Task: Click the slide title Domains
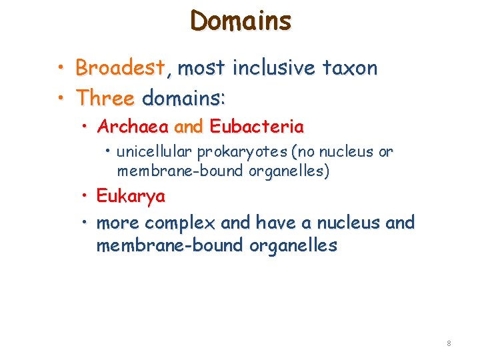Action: point(241,21)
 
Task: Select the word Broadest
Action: point(120,67)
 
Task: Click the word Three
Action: point(105,99)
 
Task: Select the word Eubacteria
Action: point(257,126)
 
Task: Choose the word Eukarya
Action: point(131,197)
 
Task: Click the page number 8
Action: point(449,343)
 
